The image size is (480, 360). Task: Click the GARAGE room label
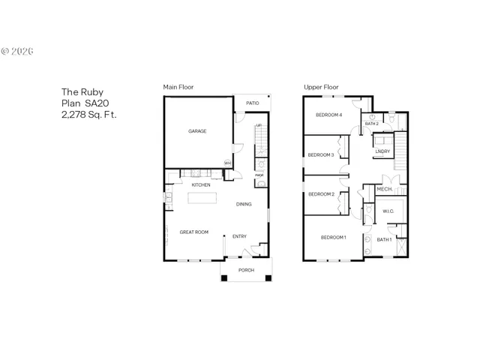pyautogui.click(x=197, y=131)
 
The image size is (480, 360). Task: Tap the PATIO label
pyautogui.click(x=253, y=103)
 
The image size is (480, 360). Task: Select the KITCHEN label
pyautogui.click(x=200, y=184)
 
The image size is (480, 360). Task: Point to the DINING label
pyautogui.click(x=244, y=204)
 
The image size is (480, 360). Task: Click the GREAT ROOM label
pyautogui.click(x=193, y=232)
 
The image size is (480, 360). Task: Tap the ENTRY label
pyautogui.click(x=239, y=237)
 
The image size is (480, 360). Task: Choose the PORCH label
pyautogui.click(x=246, y=270)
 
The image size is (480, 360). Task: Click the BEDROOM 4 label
pyautogui.click(x=328, y=115)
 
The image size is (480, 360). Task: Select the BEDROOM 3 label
pyautogui.click(x=321, y=155)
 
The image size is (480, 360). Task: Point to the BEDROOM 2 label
pyautogui.click(x=321, y=194)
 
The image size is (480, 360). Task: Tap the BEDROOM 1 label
pyautogui.click(x=333, y=238)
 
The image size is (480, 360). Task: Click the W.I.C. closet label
pyautogui.click(x=388, y=211)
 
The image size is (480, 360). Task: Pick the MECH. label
pyautogui.click(x=385, y=189)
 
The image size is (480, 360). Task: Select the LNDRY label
pyautogui.click(x=382, y=151)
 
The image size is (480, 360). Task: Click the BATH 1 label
pyautogui.click(x=384, y=240)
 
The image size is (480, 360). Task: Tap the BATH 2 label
pyautogui.click(x=371, y=123)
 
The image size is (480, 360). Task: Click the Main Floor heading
pyautogui.click(x=178, y=88)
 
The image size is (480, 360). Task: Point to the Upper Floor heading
pyautogui.click(x=321, y=88)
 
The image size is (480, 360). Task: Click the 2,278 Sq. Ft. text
pyautogui.click(x=89, y=115)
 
